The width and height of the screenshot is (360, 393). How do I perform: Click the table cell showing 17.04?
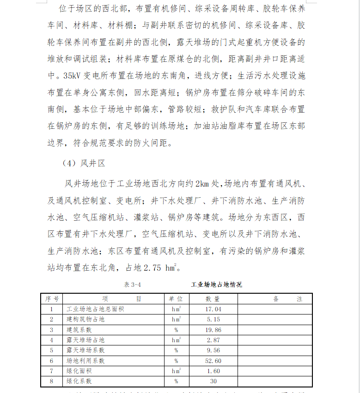click(x=213, y=309)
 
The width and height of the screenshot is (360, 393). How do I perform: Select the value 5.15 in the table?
click(x=213, y=320)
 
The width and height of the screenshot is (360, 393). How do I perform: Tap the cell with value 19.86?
click(x=213, y=330)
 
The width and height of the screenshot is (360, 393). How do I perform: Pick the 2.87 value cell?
click(x=213, y=340)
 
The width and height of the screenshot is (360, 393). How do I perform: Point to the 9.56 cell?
click(x=213, y=351)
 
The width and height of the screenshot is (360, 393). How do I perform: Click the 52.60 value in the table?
click(x=213, y=361)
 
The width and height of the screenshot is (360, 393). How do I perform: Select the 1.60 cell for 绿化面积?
click(x=213, y=371)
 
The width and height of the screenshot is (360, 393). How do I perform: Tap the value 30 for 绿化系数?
click(x=213, y=381)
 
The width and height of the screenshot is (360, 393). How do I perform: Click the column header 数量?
click(x=213, y=299)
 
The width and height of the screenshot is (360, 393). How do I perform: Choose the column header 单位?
click(x=176, y=299)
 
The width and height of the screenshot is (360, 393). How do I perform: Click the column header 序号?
click(x=51, y=299)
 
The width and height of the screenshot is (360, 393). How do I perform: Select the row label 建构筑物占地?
click(x=85, y=320)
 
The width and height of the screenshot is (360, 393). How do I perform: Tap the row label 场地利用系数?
click(x=85, y=361)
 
